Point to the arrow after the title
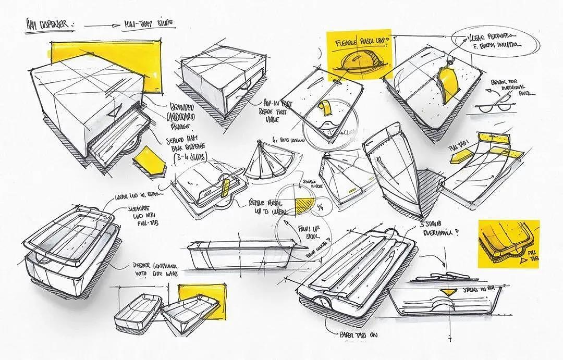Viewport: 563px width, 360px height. pyautogui.click(x=102, y=24)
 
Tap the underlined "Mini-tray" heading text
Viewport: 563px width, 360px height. pyautogui.click(x=148, y=23)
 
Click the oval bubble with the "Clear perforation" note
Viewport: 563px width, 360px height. pyautogui.click(x=487, y=44)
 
